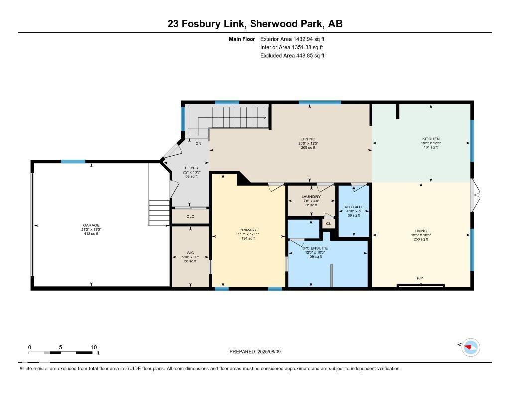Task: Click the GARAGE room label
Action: (91, 225)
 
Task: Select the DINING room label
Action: (308, 139)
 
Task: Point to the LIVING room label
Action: (421, 231)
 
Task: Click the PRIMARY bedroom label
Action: (248, 230)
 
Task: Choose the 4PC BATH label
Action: (354, 207)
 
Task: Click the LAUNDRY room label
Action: (311, 197)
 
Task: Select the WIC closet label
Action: (190, 253)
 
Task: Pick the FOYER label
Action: (191, 168)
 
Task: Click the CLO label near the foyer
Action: (190, 217)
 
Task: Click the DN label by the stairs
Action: (198, 144)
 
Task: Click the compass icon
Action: (471, 347)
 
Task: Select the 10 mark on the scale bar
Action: (93, 347)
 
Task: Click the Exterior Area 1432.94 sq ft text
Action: (292, 39)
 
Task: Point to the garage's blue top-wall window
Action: (73, 161)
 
